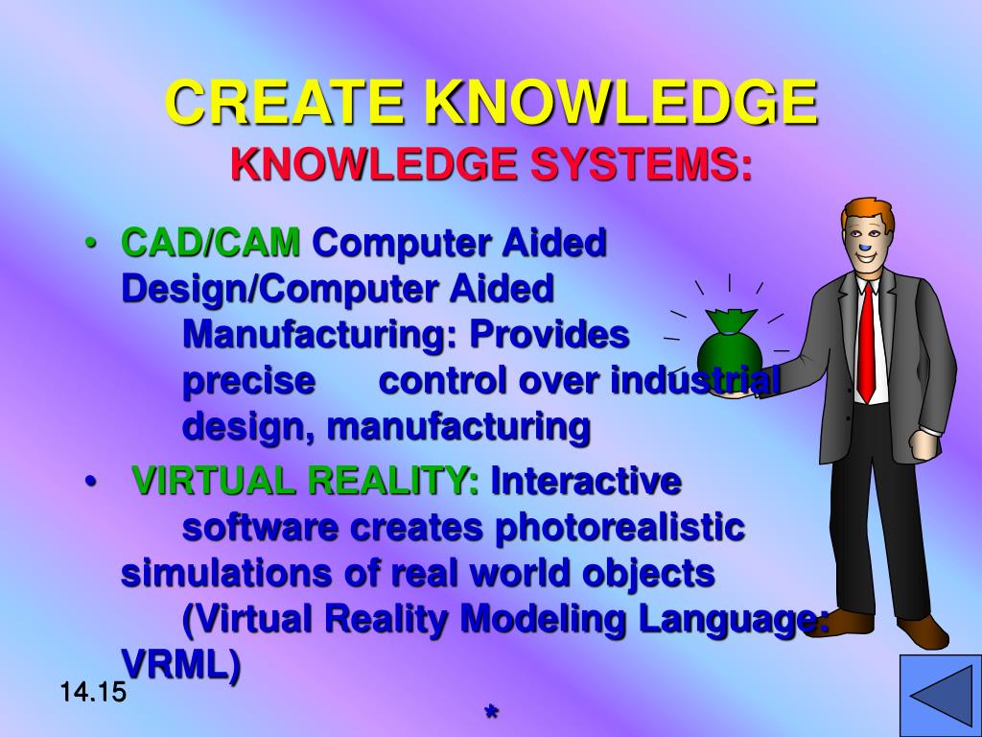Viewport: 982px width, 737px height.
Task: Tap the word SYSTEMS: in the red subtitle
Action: point(642,165)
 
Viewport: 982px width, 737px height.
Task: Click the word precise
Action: point(248,381)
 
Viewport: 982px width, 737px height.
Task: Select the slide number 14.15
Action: point(93,691)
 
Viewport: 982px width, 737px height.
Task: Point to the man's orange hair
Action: point(869,212)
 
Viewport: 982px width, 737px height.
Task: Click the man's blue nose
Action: point(866,254)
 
